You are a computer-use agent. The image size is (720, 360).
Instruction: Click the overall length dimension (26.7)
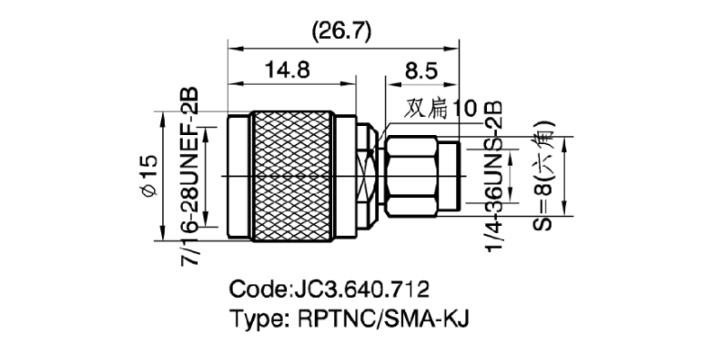pyautogui.click(x=340, y=32)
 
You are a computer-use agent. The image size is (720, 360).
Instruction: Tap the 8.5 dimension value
pyautogui.click(x=422, y=69)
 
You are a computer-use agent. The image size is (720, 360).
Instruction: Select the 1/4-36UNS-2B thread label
pyautogui.click(x=493, y=175)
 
